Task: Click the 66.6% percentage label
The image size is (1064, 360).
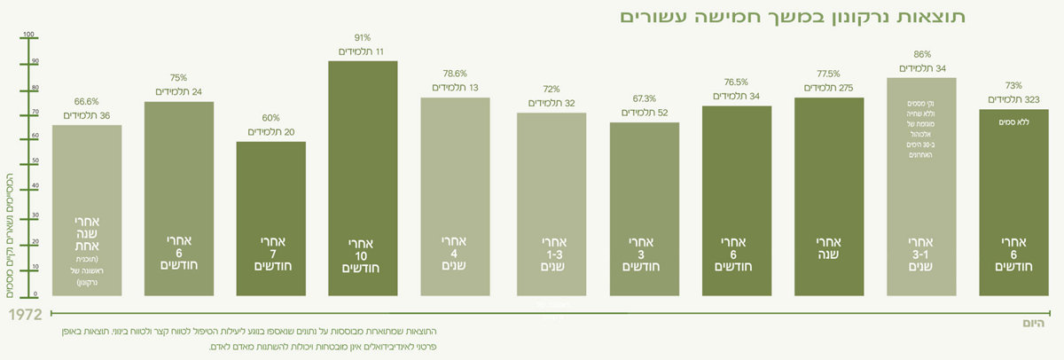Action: (x=87, y=102)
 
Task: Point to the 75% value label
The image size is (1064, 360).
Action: (x=178, y=77)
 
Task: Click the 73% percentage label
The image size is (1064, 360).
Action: (x=1013, y=85)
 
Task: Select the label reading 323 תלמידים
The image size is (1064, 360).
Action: (x=1013, y=100)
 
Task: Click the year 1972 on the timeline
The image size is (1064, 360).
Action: (x=24, y=314)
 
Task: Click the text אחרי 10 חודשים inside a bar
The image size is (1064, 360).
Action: (x=363, y=255)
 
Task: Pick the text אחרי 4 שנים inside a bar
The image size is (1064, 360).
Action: (x=455, y=253)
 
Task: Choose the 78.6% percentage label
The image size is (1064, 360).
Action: (x=455, y=74)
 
